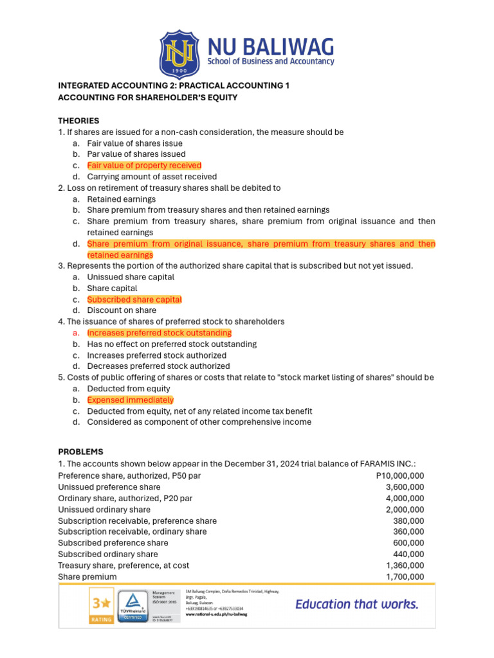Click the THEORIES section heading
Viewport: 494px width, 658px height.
coord(78,121)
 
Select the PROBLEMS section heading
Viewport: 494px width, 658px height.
coord(80,452)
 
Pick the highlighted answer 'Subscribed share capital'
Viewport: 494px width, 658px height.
coord(134,299)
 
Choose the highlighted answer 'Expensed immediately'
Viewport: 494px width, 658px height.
coord(131,400)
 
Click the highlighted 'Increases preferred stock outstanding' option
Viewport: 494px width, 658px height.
coord(159,333)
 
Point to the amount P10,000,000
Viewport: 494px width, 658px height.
coord(399,476)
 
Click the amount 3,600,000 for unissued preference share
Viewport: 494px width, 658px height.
coord(405,487)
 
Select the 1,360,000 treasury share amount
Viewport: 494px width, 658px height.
coord(405,565)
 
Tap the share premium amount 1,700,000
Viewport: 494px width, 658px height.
coord(405,577)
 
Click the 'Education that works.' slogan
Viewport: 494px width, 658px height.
coord(357,604)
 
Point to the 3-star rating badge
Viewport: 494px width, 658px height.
coord(100,607)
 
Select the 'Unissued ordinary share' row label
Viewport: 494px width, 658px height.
coord(104,510)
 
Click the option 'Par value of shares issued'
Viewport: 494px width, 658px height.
coord(136,154)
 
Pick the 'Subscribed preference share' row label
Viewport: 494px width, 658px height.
coord(113,543)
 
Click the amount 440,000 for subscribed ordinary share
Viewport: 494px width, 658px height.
coord(408,554)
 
